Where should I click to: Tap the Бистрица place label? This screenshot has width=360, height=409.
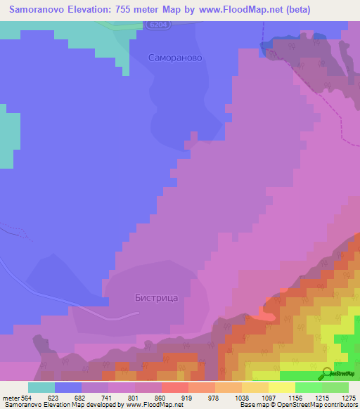[156, 297]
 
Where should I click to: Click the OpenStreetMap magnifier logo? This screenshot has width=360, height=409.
[327, 373]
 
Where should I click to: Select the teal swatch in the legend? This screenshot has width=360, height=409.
[41, 387]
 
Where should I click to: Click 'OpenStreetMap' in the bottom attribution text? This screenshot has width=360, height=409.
[298, 405]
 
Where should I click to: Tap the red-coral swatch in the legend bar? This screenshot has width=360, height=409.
[175, 387]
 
